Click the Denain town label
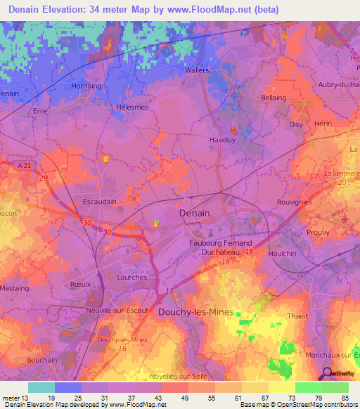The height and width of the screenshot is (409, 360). click(195, 212)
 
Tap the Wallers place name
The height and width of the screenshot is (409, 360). click(197, 71)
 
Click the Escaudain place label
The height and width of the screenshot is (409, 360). click(100, 201)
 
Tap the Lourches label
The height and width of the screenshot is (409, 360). click(131, 278)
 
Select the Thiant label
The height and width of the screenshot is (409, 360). click(297, 316)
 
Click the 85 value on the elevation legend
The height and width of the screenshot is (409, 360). click(344, 397)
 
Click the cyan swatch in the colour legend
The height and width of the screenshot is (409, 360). click(41, 387)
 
